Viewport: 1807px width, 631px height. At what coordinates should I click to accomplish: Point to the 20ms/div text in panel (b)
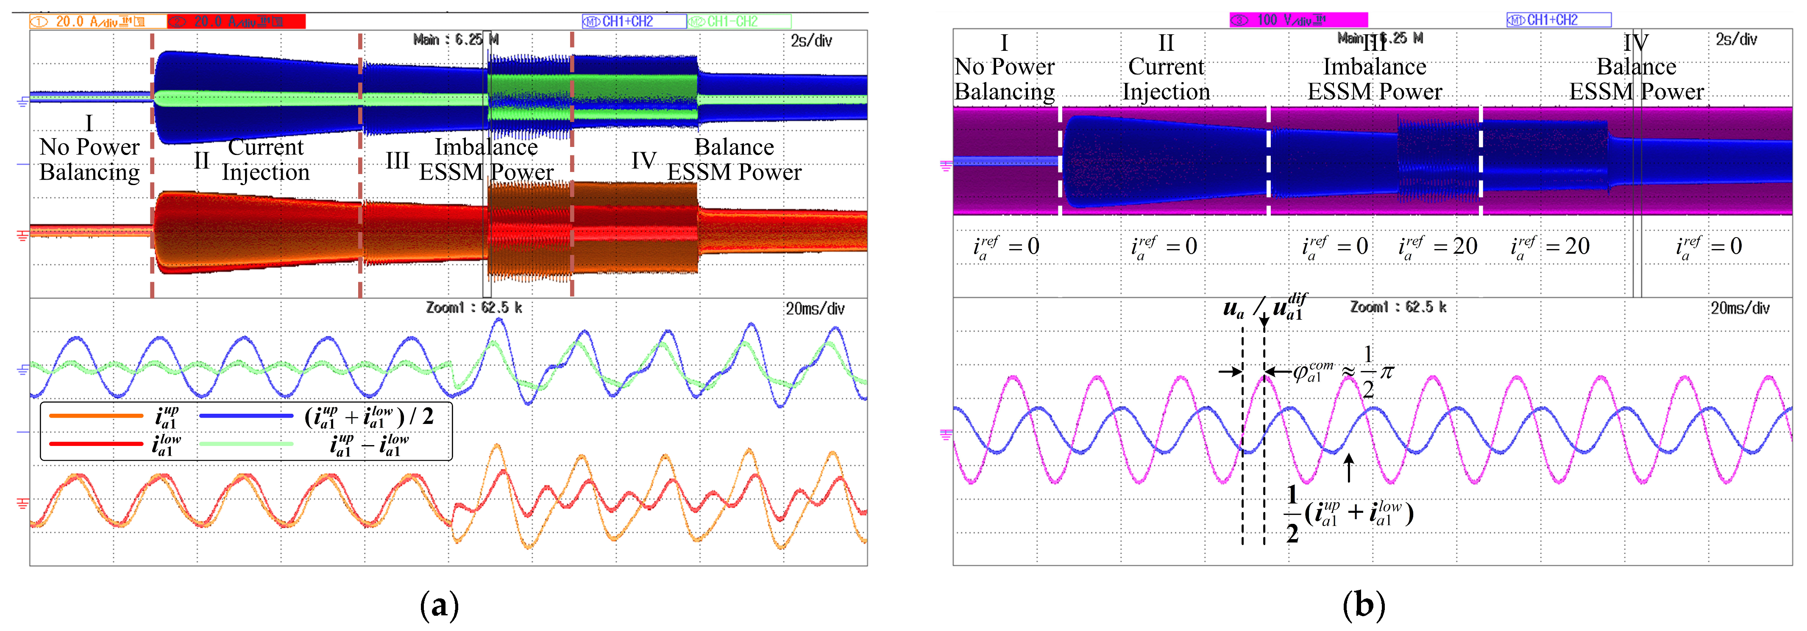click(x=1740, y=308)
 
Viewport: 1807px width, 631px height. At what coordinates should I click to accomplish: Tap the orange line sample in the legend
click(x=96, y=416)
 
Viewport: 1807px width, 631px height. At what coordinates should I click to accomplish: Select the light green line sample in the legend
click(x=245, y=444)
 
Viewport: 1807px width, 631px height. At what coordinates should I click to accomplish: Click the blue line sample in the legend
click(x=245, y=416)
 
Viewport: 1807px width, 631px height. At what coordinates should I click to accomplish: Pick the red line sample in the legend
click(x=96, y=444)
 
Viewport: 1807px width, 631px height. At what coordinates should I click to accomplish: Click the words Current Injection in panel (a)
click(x=266, y=160)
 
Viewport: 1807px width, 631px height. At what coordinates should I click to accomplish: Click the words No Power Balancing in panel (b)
click(x=1005, y=79)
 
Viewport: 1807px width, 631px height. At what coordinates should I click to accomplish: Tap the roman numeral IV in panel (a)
click(x=643, y=161)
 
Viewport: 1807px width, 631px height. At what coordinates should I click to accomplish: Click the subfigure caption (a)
click(x=439, y=604)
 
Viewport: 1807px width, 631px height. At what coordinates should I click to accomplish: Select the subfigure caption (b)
click(x=1364, y=604)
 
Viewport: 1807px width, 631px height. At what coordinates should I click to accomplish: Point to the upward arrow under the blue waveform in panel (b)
click(x=1348, y=468)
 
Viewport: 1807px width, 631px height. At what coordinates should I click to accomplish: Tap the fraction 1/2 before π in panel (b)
click(x=1368, y=371)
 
